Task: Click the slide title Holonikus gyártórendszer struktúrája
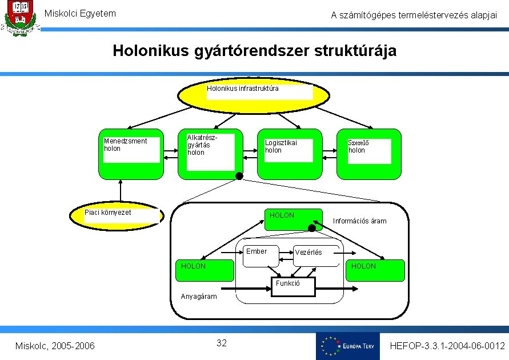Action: pyautogui.click(x=254, y=51)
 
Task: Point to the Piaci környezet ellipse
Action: pyautogui.click(x=121, y=216)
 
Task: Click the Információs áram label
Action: pyautogui.click(x=359, y=221)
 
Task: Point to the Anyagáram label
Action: pyautogui.click(x=199, y=297)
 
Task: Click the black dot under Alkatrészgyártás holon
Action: pyautogui.click(x=239, y=175)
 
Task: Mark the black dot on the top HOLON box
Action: pyautogui.click(x=312, y=228)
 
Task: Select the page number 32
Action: pyautogui.click(x=222, y=343)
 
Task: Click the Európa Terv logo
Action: pyautogui.click(x=347, y=346)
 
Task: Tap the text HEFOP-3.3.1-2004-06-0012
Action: pyautogui.click(x=447, y=346)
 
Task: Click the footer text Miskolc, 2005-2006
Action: pyautogui.click(x=55, y=346)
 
